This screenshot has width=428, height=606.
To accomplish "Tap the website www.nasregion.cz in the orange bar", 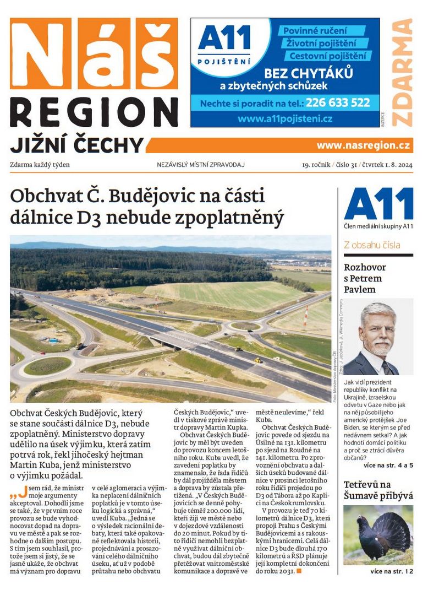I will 363,145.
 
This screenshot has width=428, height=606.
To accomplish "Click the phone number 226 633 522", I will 338,102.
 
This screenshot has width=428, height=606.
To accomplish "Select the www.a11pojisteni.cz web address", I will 285,118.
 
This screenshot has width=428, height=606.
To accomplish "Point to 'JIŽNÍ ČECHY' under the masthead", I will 76,145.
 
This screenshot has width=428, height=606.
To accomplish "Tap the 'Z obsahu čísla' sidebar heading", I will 372,245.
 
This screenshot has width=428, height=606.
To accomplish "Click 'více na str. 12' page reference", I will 391,572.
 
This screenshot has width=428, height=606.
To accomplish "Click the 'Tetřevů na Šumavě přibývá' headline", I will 378,490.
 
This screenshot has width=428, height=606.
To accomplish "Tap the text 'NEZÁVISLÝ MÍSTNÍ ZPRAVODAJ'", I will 200,164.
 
